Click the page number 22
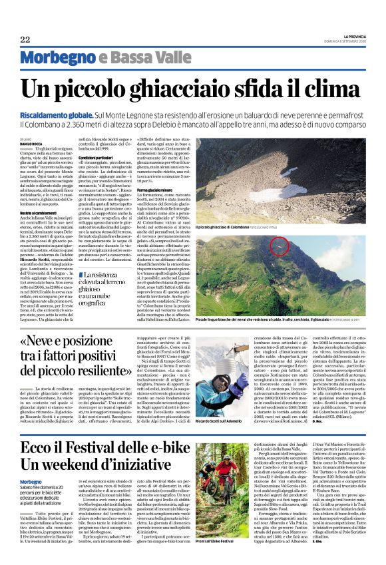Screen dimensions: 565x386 pyautogui.click(x=25, y=40)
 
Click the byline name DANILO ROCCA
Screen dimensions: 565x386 pyautogui.click(x=31, y=144)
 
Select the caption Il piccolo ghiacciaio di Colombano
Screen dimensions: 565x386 pyautogui.click(x=226, y=227)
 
